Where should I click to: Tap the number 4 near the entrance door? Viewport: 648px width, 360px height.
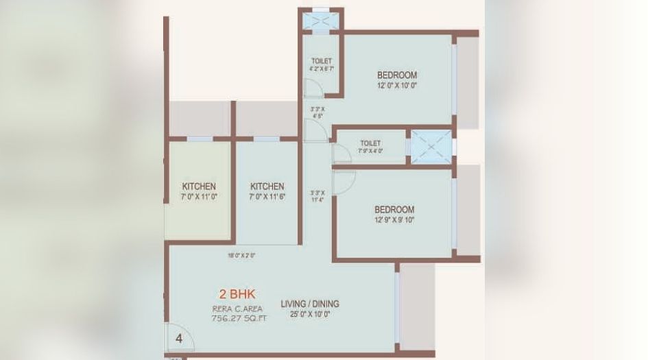[x=178, y=338]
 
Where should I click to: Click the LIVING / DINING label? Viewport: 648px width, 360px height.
[x=310, y=304]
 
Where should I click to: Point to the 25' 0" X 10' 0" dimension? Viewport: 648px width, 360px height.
[x=310, y=314]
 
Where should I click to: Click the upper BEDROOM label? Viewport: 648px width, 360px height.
[x=397, y=75]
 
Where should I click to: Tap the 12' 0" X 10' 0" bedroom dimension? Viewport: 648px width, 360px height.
[x=397, y=86]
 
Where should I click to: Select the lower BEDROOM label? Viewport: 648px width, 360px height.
[x=394, y=209]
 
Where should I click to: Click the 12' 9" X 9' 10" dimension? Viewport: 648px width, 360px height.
[x=394, y=220]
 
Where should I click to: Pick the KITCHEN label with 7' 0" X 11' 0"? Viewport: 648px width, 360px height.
[x=199, y=187]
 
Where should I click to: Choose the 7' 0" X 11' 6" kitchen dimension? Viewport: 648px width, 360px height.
[x=267, y=197]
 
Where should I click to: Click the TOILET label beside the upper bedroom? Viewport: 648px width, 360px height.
[x=321, y=60]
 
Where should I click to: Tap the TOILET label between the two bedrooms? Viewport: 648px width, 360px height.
[x=370, y=143]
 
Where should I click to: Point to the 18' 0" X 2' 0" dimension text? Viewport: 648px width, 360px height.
[x=241, y=256]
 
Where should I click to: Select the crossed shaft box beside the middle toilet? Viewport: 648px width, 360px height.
[x=430, y=145]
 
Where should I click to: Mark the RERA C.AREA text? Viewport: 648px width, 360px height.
[x=237, y=309]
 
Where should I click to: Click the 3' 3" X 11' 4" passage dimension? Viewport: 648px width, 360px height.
[x=317, y=196]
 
